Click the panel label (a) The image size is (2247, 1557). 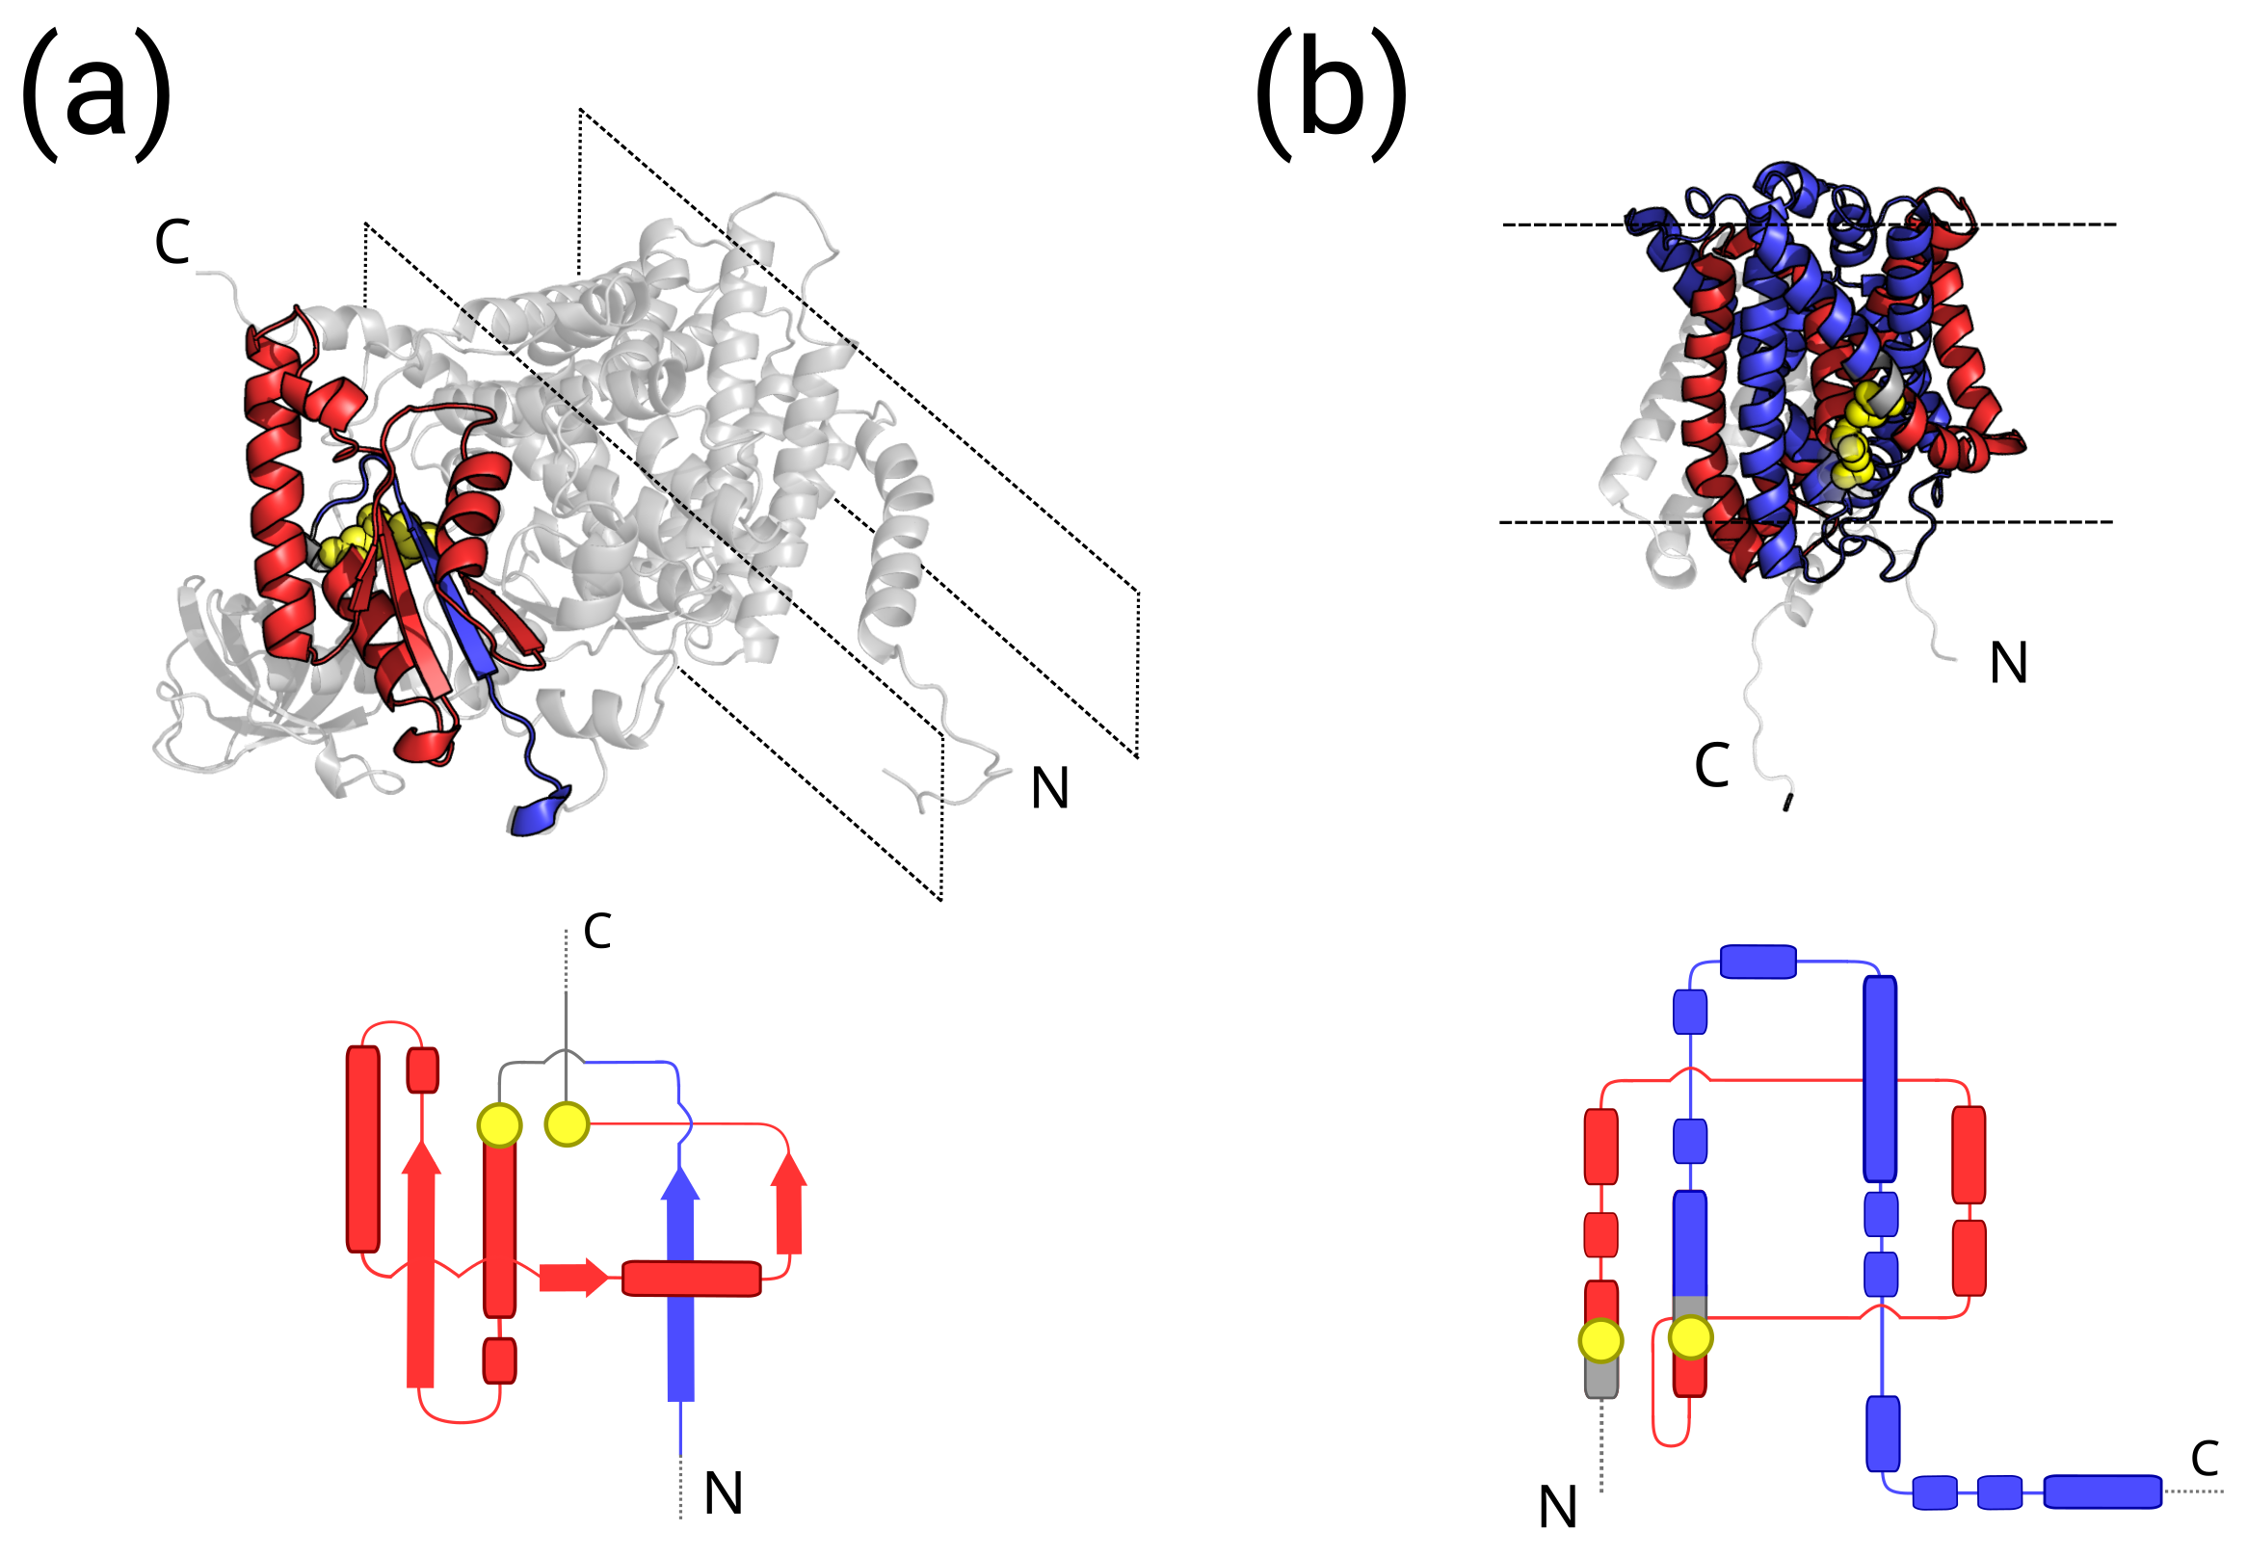95,94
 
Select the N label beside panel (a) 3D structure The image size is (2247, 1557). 1050,788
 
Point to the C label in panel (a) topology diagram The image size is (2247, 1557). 597,931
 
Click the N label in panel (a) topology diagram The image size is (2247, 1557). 723,1492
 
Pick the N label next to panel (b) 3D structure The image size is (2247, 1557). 2008,665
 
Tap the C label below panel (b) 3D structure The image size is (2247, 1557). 1711,765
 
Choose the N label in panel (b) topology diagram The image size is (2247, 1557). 1557,1507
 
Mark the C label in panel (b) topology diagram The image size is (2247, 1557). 2205,1459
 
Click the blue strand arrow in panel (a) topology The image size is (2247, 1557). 680,1288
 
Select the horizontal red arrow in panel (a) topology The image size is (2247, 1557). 573,1277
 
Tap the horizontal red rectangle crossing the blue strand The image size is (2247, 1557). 691,1278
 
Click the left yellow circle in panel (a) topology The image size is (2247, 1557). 499,1125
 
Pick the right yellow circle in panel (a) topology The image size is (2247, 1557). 567,1123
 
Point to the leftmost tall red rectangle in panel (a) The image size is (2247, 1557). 363,1148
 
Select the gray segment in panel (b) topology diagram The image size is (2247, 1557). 1600,1379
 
